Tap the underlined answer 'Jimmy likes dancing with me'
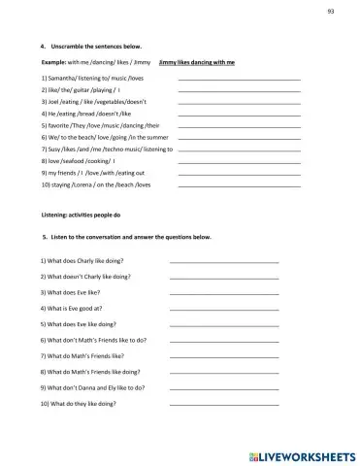pyautogui.click(x=197, y=61)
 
